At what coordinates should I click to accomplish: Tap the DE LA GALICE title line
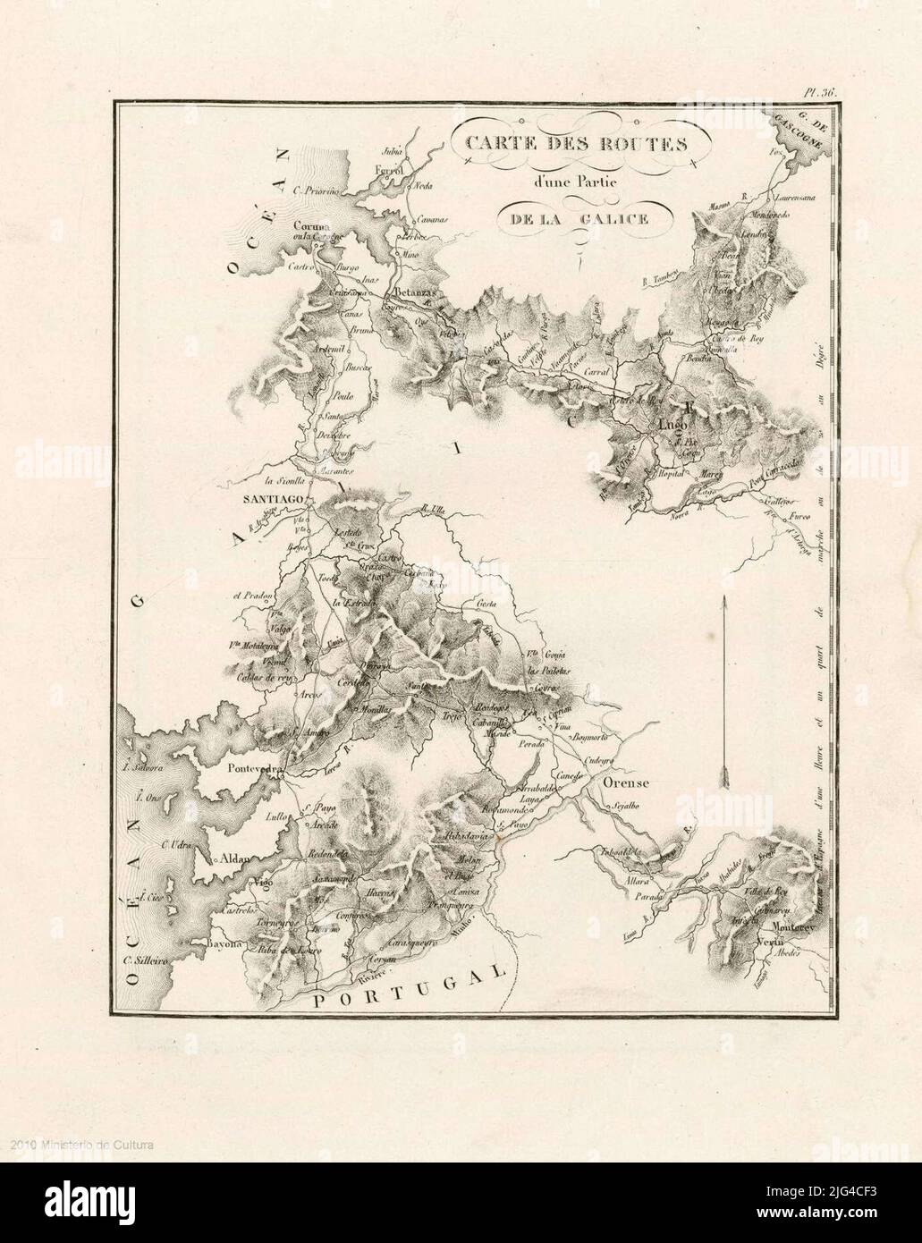[x=574, y=220]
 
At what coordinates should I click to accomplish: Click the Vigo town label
[x=262, y=884]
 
